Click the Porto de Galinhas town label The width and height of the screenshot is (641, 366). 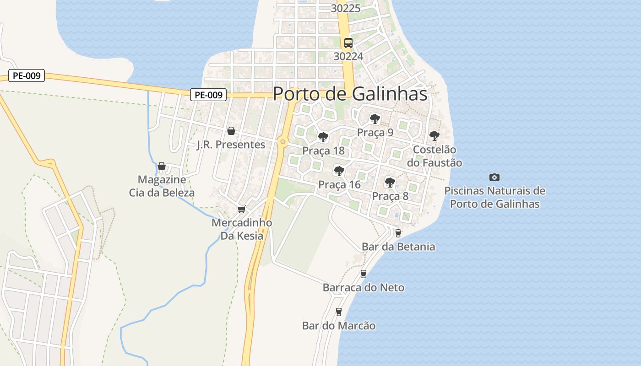click(350, 94)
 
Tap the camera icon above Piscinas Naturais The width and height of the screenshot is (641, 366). click(494, 177)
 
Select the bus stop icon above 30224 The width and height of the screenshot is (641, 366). click(348, 43)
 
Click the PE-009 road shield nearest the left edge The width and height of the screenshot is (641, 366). click(27, 76)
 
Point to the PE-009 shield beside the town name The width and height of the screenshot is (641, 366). click(209, 95)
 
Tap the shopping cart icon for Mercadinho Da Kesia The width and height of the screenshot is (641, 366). click(241, 210)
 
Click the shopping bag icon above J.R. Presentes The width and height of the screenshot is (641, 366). click(231, 131)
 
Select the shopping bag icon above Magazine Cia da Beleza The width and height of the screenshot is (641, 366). click(162, 166)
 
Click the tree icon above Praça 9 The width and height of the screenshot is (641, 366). click(375, 119)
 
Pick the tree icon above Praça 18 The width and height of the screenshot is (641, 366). click(323, 137)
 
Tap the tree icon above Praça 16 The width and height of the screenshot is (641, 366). click(339, 171)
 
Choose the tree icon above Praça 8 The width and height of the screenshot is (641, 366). click(390, 183)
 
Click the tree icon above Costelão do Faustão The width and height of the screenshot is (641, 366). click(434, 136)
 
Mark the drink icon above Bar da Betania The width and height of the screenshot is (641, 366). click(398, 233)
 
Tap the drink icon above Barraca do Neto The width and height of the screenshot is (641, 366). click(364, 274)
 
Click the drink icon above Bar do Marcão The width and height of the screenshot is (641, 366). click(339, 312)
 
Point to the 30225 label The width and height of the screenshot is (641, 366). click(346, 8)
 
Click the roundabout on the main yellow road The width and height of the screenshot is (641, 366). click(282, 142)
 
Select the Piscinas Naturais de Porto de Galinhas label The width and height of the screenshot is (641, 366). click(494, 197)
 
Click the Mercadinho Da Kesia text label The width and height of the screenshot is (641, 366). click(242, 229)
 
